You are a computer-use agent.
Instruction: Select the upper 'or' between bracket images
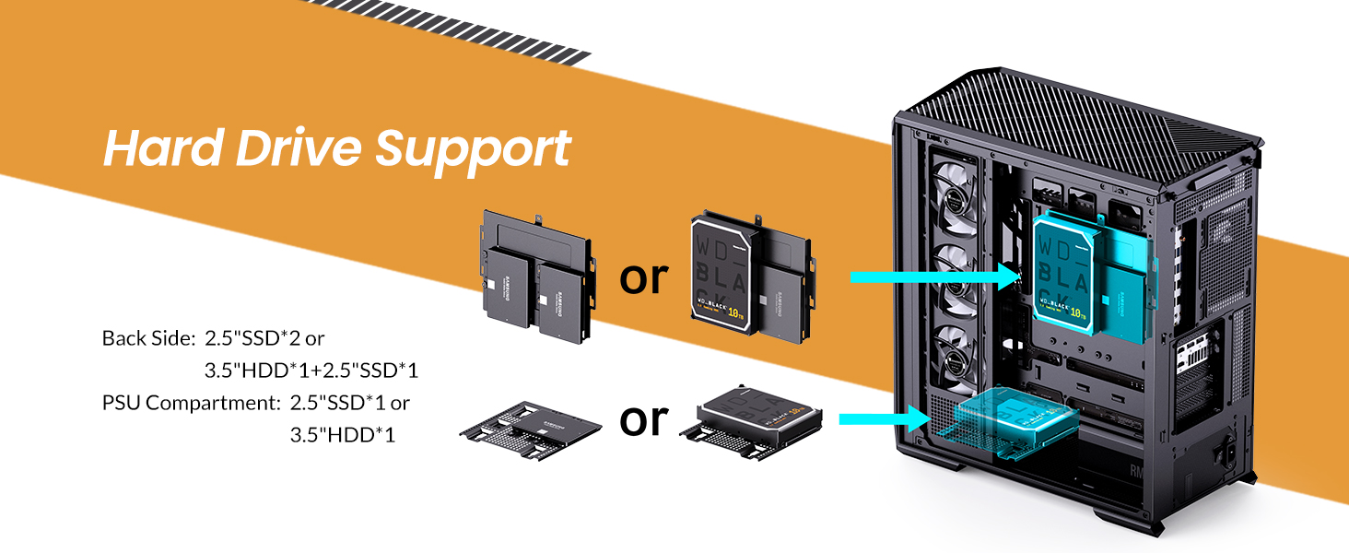click(x=642, y=276)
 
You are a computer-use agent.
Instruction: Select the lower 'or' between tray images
click(x=642, y=419)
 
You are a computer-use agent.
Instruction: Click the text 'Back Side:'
click(x=147, y=338)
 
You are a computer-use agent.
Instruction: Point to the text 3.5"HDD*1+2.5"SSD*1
click(x=311, y=371)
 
